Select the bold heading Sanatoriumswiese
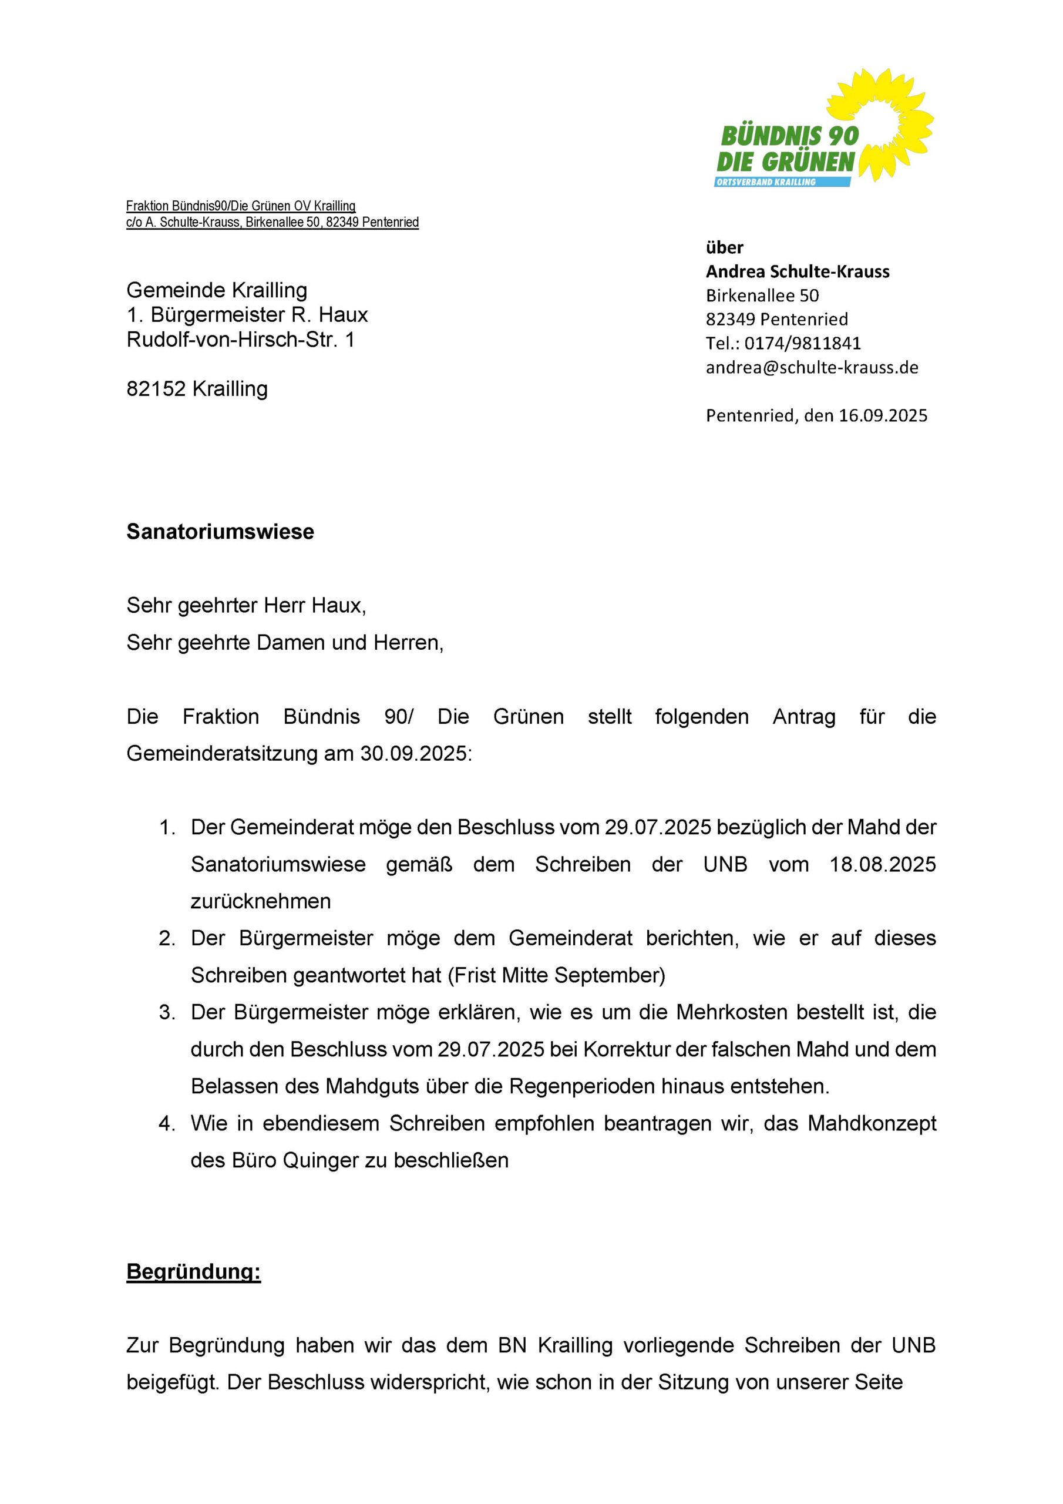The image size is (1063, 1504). coord(220,531)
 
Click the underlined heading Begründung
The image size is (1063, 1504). coord(193,1271)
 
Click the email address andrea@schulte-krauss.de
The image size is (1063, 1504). coord(812,368)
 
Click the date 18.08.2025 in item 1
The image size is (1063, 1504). coord(883,864)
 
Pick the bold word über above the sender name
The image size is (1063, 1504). coord(724,247)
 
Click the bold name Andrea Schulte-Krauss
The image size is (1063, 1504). coord(797,271)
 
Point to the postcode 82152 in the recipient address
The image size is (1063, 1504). coord(157,389)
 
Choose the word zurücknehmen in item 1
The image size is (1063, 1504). coord(261,901)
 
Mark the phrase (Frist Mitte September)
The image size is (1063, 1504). coord(557,975)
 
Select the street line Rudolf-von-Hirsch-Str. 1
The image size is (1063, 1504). coord(240,340)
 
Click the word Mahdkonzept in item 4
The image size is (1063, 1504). coord(872,1123)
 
